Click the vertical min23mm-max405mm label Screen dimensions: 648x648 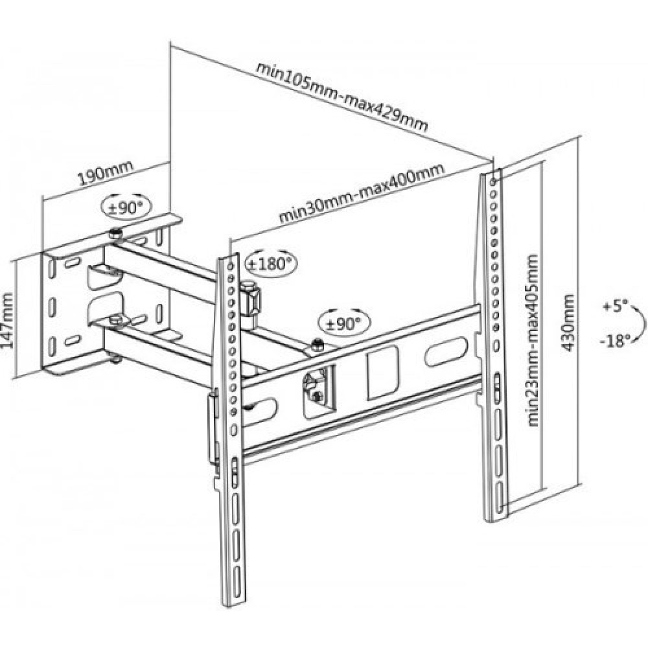click(x=533, y=340)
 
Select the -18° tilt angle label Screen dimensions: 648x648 click(x=614, y=341)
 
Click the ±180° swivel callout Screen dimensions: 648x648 click(x=269, y=263)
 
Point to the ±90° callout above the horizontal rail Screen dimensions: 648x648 click(x=341, y=321)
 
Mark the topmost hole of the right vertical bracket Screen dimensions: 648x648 click(x=496, y=175)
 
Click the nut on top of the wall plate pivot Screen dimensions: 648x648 click(x=115, y=233)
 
